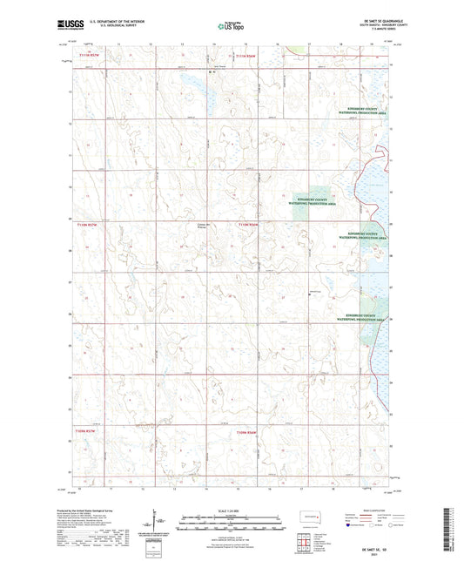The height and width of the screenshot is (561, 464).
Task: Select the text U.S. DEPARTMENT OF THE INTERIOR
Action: click(x=113, y=24)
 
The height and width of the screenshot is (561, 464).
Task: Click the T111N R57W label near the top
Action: click(x=89, y=55)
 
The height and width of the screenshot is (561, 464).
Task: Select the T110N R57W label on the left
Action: click(x=89, y=225)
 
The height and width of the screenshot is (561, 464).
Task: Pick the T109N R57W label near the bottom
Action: click(x=89, y=430)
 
